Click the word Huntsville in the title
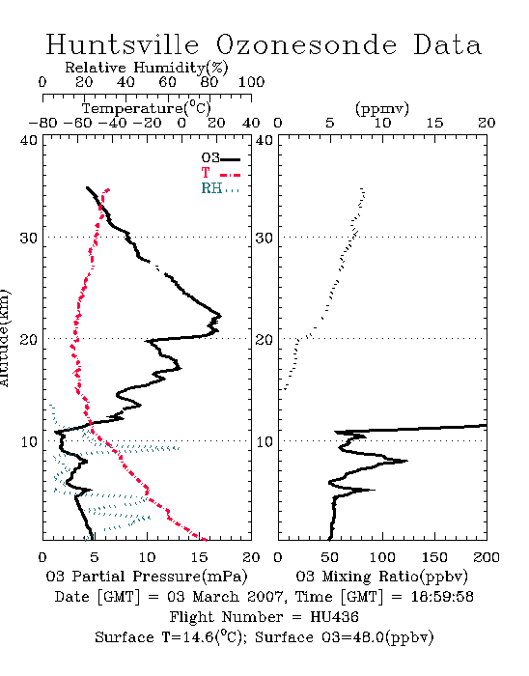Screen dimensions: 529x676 (x=123, y=44)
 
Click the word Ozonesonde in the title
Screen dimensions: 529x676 (x=306, y=44)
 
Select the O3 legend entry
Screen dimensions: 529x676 (x=220, y=158)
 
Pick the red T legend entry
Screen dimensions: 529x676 (x=220, y=173)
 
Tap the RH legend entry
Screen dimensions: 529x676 (x=220, y=188)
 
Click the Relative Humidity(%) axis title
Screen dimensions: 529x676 (x=147, y=68)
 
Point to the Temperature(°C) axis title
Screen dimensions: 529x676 (x=147, y=108)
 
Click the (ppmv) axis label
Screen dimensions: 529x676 (x=382, y=108)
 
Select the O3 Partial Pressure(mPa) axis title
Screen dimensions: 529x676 (x=147, y=577)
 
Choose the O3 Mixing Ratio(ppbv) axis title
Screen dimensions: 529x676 (x=381, y=577)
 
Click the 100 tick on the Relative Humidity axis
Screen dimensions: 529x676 (x=251, y=82)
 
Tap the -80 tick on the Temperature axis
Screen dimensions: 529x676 (x=42, y=124)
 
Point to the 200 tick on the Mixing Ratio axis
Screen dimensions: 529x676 (x=487, y=557)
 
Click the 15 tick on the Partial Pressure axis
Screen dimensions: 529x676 (x=199, y=557)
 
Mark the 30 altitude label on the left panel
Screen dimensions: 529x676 (x=28, y=238)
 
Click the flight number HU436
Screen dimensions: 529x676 (x=334, y=617)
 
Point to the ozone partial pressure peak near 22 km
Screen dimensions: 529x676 (x=220, y=316)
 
